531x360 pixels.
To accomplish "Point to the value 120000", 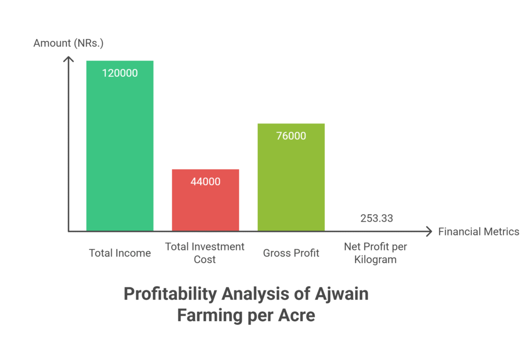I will click(120, 73).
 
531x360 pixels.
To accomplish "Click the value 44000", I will click(205, 182).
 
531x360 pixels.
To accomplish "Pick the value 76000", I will click(291, 136).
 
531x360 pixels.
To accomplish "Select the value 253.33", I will click(376, 218).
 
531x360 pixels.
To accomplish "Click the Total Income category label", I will click(120, 253).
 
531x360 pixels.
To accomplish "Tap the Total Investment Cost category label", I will click(205, 253).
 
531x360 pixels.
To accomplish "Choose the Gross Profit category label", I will click(291, 253).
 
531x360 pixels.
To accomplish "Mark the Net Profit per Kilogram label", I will click(375, 253).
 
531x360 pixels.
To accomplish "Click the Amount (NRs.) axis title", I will click(68, 43).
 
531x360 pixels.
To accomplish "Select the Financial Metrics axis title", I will click(479, 232).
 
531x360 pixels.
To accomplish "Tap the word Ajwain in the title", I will click(342, 294).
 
